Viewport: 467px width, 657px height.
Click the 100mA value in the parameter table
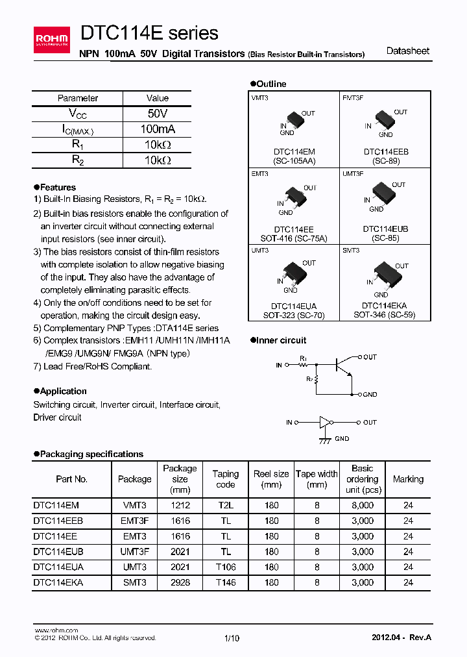point(158,129)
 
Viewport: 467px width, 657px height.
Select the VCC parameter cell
point(78,114)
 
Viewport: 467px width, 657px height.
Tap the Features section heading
point(58,187)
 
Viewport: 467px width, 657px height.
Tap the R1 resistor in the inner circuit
point(304,365)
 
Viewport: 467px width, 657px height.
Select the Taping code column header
point(226,479)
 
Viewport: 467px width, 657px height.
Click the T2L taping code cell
point(226,504)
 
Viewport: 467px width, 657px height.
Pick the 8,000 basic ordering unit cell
point(363,504)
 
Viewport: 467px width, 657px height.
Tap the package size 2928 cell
point(180,582)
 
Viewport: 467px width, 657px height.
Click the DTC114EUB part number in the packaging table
point(58,551)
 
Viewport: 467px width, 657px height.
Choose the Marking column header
point(408,479)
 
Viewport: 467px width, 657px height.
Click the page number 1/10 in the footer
point(232,638)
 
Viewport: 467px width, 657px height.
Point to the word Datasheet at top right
point(407,51)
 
